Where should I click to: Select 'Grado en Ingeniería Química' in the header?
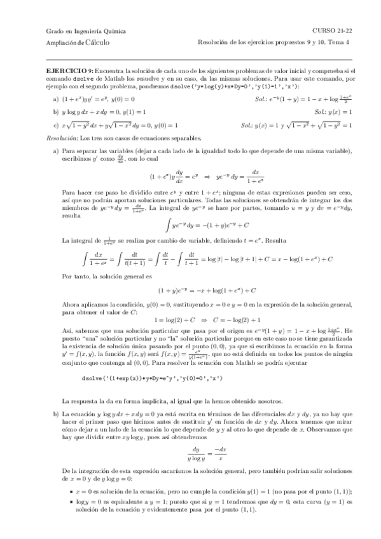87,31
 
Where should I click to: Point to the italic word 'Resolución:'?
64,137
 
